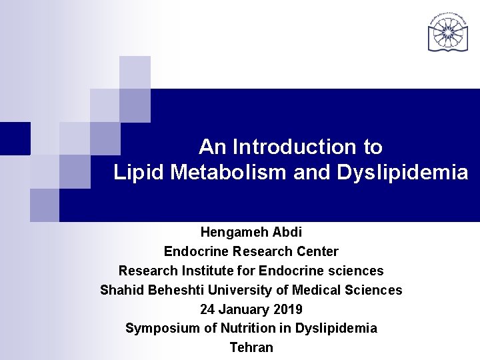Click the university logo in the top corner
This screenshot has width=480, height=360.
[x=447, y=31]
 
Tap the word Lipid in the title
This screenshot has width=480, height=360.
[x=139, y=173]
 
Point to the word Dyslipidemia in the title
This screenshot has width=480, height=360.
[x=402, y=173]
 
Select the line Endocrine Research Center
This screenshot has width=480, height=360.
[x=251, y=251]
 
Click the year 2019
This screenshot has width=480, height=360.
[x=287, y=309]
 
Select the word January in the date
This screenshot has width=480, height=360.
[x=243, y=309]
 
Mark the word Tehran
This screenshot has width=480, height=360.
[x=251, y=347]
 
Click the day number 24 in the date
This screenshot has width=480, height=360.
[x=207, y=309]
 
